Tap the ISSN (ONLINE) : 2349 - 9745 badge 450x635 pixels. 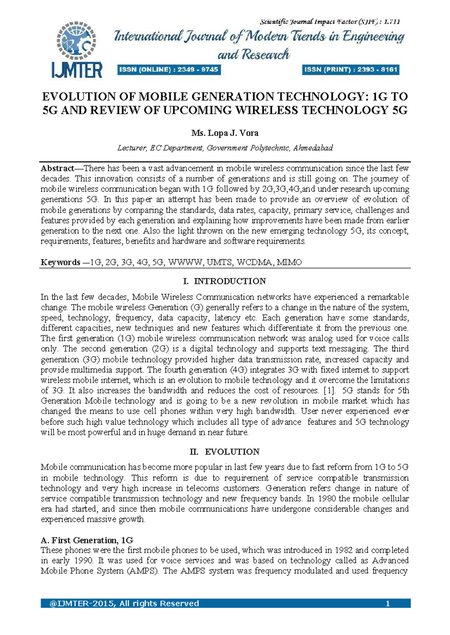pos(168,70)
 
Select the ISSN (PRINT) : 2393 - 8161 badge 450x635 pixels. pos(351,70)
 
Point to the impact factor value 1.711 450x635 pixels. pos(392,22)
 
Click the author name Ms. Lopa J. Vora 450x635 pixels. pos(225,133)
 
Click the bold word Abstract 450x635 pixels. pos(57,168)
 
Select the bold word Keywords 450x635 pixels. pos(60,262)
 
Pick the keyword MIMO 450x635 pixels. pos(289,262)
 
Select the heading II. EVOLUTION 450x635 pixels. pos(225,452)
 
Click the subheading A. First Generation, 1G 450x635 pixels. pos(87,540)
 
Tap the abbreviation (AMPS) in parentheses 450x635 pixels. pos(142,571)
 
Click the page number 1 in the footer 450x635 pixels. pos(388,603)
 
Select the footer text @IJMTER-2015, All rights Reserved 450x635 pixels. pos(124,603)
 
